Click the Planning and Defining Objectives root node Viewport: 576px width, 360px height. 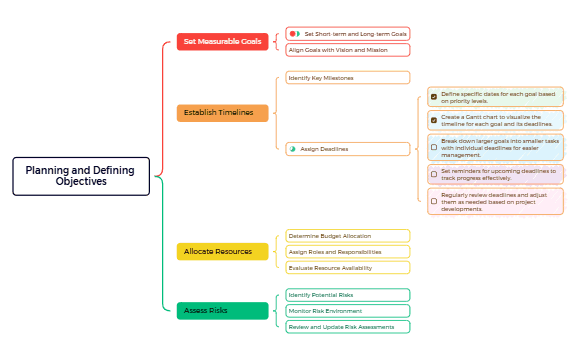point(81,176)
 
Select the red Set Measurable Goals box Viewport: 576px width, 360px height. point(222,41)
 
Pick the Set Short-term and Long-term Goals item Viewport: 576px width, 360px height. point(348,33)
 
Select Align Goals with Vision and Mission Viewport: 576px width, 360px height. point(348,49)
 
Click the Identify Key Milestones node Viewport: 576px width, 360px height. point(348,77)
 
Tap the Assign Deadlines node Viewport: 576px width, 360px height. point(348,148)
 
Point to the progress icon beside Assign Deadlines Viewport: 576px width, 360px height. point(292,148)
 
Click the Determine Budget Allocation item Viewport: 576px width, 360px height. point(348,236)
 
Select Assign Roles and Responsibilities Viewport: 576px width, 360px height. point(348,252)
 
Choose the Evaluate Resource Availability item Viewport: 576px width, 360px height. point(348,268)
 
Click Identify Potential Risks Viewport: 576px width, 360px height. point(348,295)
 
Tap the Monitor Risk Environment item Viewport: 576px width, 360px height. point(348,311)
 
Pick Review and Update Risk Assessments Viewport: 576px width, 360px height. point(348,327)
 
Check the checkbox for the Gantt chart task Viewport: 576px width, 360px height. point(433,120)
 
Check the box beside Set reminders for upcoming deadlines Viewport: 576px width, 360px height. point(433,174)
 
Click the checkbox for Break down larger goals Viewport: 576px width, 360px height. point(433,147)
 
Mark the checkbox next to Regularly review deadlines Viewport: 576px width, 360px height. point(433,201)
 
